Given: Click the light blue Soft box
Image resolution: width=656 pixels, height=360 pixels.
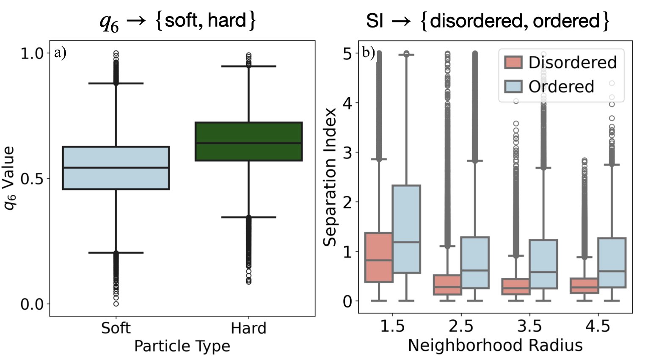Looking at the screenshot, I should coord(116,168).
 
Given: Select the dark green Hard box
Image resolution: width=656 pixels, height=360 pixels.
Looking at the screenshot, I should coord(248,141).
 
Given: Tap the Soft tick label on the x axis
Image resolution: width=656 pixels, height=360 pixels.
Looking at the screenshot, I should coord(116,328).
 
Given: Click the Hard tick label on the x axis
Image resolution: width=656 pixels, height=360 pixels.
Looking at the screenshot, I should coord(248,328).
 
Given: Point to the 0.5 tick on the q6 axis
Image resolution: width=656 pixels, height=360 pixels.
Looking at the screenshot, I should coord(32,179).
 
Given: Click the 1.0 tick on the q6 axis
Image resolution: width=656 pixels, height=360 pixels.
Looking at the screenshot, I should coord(32,54).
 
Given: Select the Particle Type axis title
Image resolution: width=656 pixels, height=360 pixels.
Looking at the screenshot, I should coord(182,346).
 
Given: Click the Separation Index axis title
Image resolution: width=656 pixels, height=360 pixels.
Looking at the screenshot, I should coord(330,177).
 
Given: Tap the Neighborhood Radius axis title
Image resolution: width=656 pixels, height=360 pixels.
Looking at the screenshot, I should coord(495,345).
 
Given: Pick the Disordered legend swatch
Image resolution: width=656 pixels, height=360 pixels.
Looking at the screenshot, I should coord(513,62).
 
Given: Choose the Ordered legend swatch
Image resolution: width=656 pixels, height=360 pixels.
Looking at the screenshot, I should coord(513,86).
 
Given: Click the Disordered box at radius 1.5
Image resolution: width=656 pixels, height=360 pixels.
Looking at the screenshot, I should coord(379,257).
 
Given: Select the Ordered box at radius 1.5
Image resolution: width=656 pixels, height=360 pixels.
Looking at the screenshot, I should coord(406,229).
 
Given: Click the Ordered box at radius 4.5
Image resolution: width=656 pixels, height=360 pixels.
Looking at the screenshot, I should coord(612,263).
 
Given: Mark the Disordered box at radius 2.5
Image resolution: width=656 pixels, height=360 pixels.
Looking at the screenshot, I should coord(447,285).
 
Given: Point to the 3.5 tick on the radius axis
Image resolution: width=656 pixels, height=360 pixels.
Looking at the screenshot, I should coord(529,326).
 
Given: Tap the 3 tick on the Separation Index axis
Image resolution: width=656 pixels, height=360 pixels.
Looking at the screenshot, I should coord(347,152).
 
